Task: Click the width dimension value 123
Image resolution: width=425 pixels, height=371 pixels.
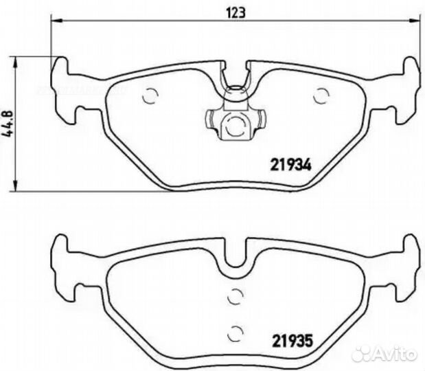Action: click(236, 12)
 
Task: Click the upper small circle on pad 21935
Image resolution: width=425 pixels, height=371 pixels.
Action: click(235, 297)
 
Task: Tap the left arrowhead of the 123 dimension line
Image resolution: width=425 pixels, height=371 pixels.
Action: click(54, 22)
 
